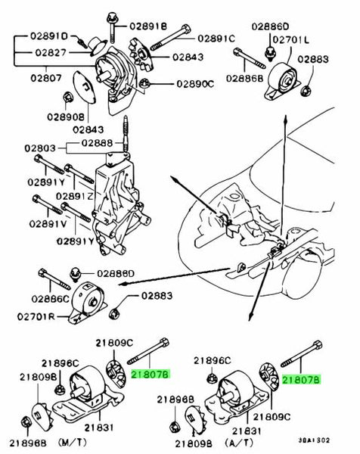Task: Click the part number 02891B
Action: [x=148, y=26]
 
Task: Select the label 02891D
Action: [x=49, y=36]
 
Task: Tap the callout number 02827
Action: [x=51, y=52]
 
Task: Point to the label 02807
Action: [x=46, y=78]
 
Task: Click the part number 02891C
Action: [x=216, y=39]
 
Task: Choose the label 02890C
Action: [x=195, y=84]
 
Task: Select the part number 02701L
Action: [x=291, y=39]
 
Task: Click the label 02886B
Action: [x=244, y=79]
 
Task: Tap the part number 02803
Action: [x=40, y=148]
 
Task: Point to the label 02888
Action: [x=97, y=143]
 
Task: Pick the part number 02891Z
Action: [x=75, y=196]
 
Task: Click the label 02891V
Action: [x=48, y=224]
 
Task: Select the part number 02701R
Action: [x=36, y=316]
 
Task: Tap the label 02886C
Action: [x=51, y=299]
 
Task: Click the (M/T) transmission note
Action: [x=73, y=442]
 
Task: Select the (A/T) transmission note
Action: [x=239, y=443]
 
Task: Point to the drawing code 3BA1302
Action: [x=314, y=440]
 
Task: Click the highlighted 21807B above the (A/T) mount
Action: [x=301, y=379]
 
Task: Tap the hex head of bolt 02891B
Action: [x=111, y=18]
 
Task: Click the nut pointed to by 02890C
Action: [x=144, y=84]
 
